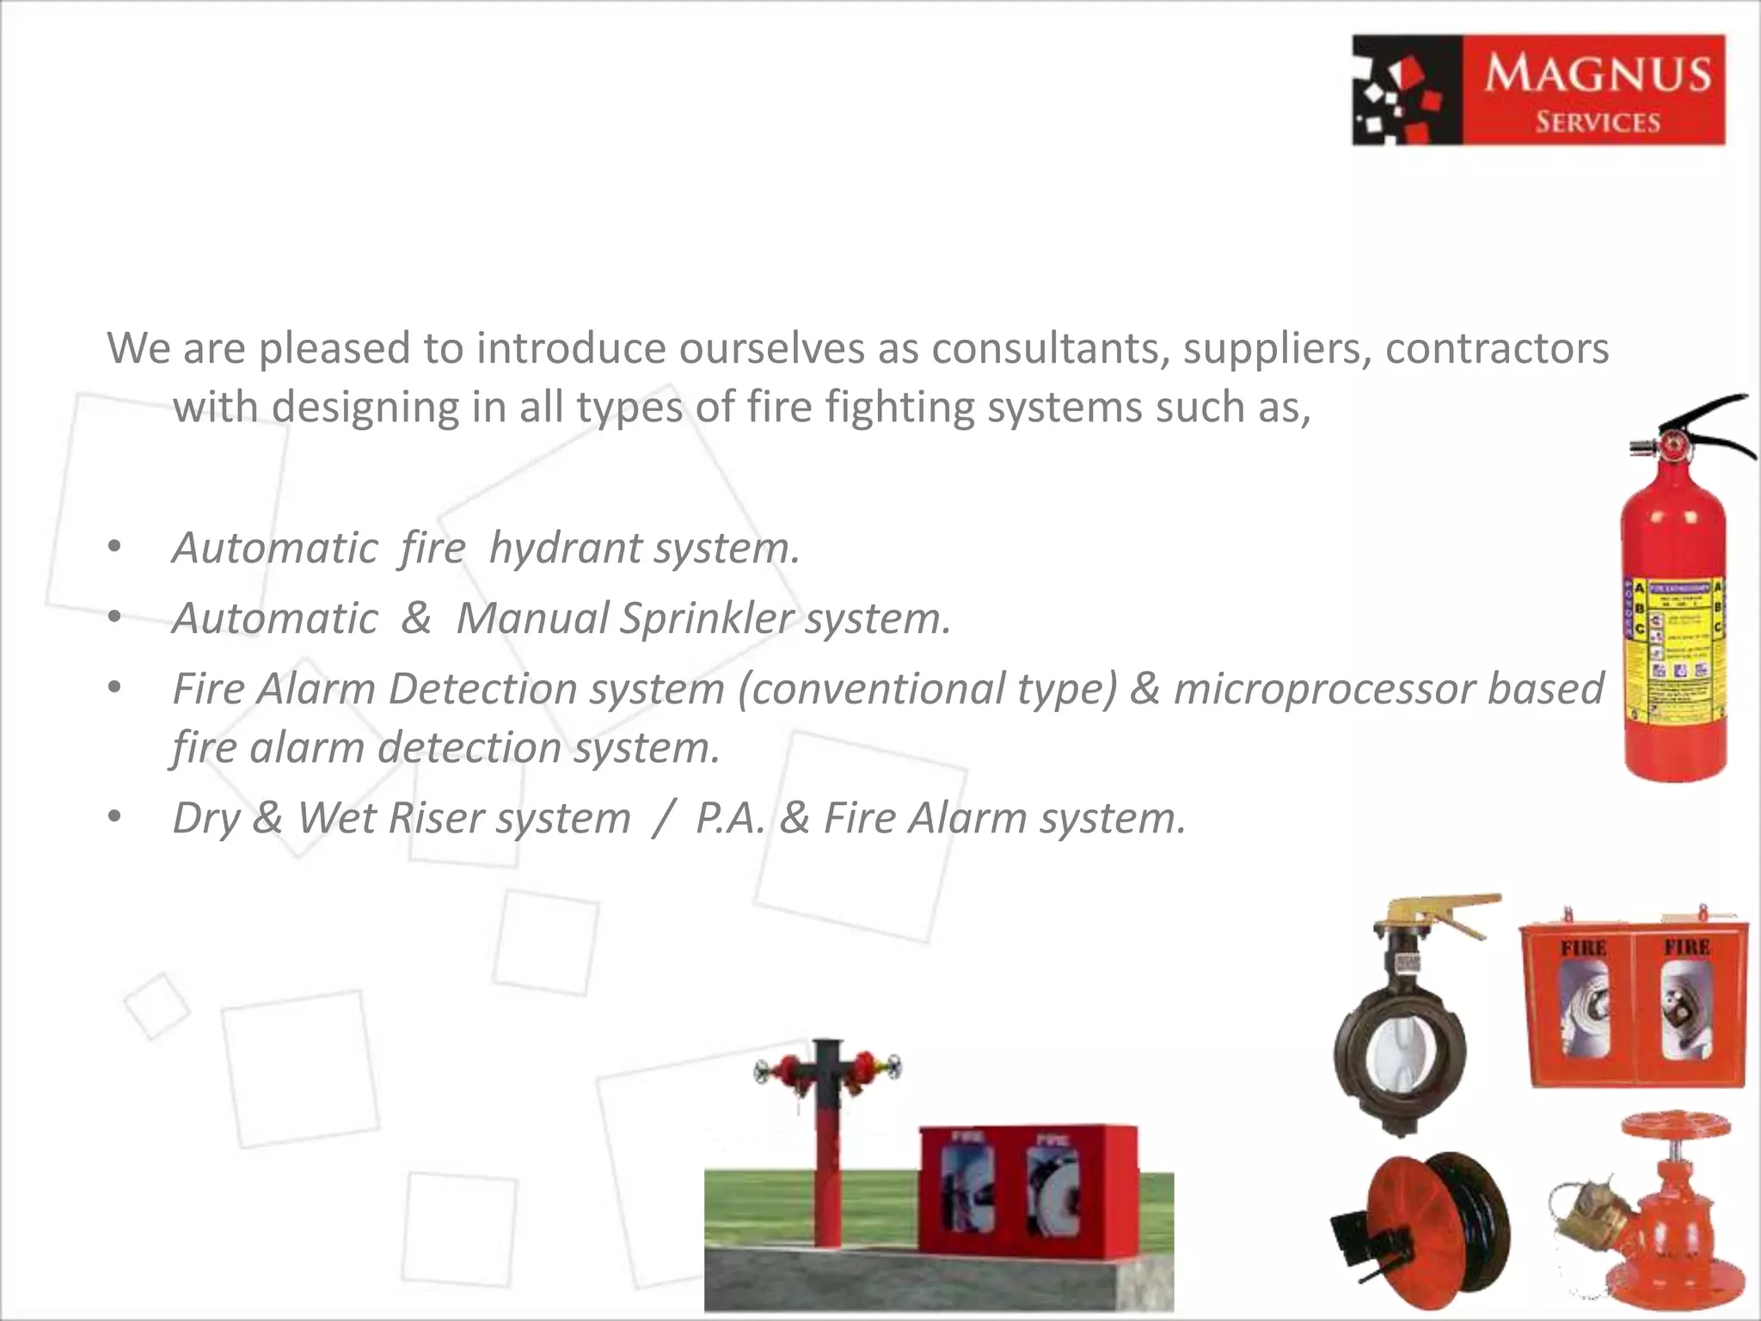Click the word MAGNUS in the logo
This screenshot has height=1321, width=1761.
click(x=1598, y=72)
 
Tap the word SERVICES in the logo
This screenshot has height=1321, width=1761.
click(x=1598, y=122)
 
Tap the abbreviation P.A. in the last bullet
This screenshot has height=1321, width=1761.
click(x=729, y=818)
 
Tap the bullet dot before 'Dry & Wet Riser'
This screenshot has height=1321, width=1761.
click(x=115, y=818)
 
